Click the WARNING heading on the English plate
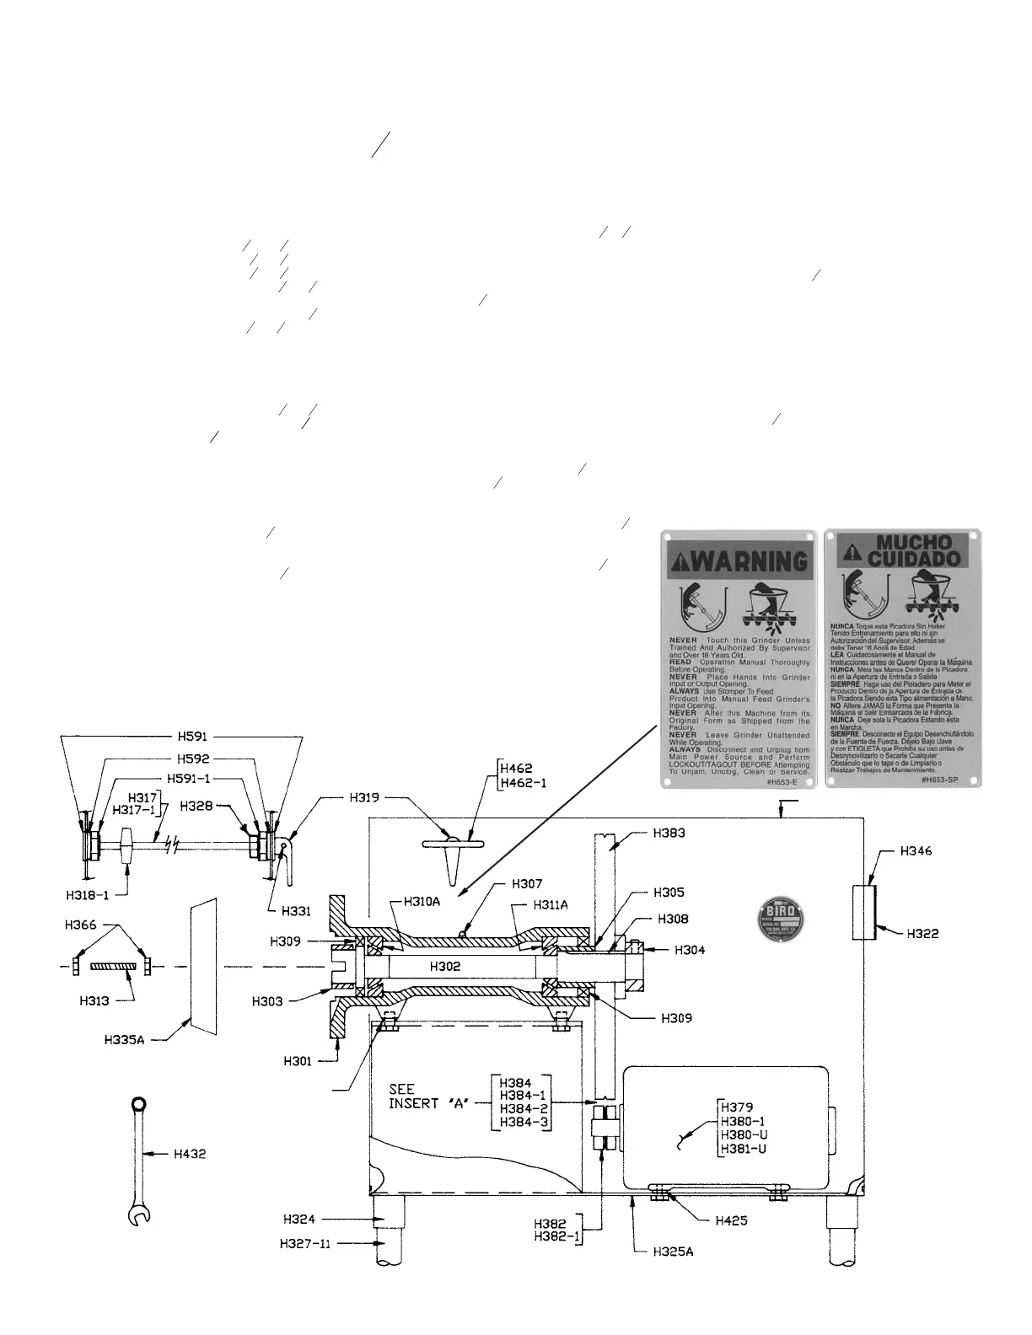[x=739, y=560]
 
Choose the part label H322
[x=922, y=933]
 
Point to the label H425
[x=732, y=1220]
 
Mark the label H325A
[x=672, y=1252]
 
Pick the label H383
[x=669, y=833]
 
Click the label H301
[x=298, y=1061]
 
